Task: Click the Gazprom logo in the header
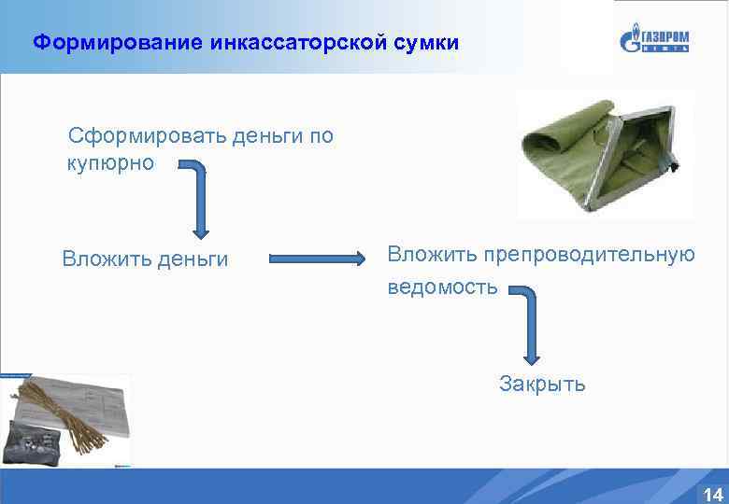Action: (x=654, y=40)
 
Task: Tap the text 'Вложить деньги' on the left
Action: (x=145, y=259)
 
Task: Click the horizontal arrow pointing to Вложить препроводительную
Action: (x=318, y=259)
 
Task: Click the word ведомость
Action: (x=443, y=287)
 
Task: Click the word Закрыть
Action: (x=542, y=384)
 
